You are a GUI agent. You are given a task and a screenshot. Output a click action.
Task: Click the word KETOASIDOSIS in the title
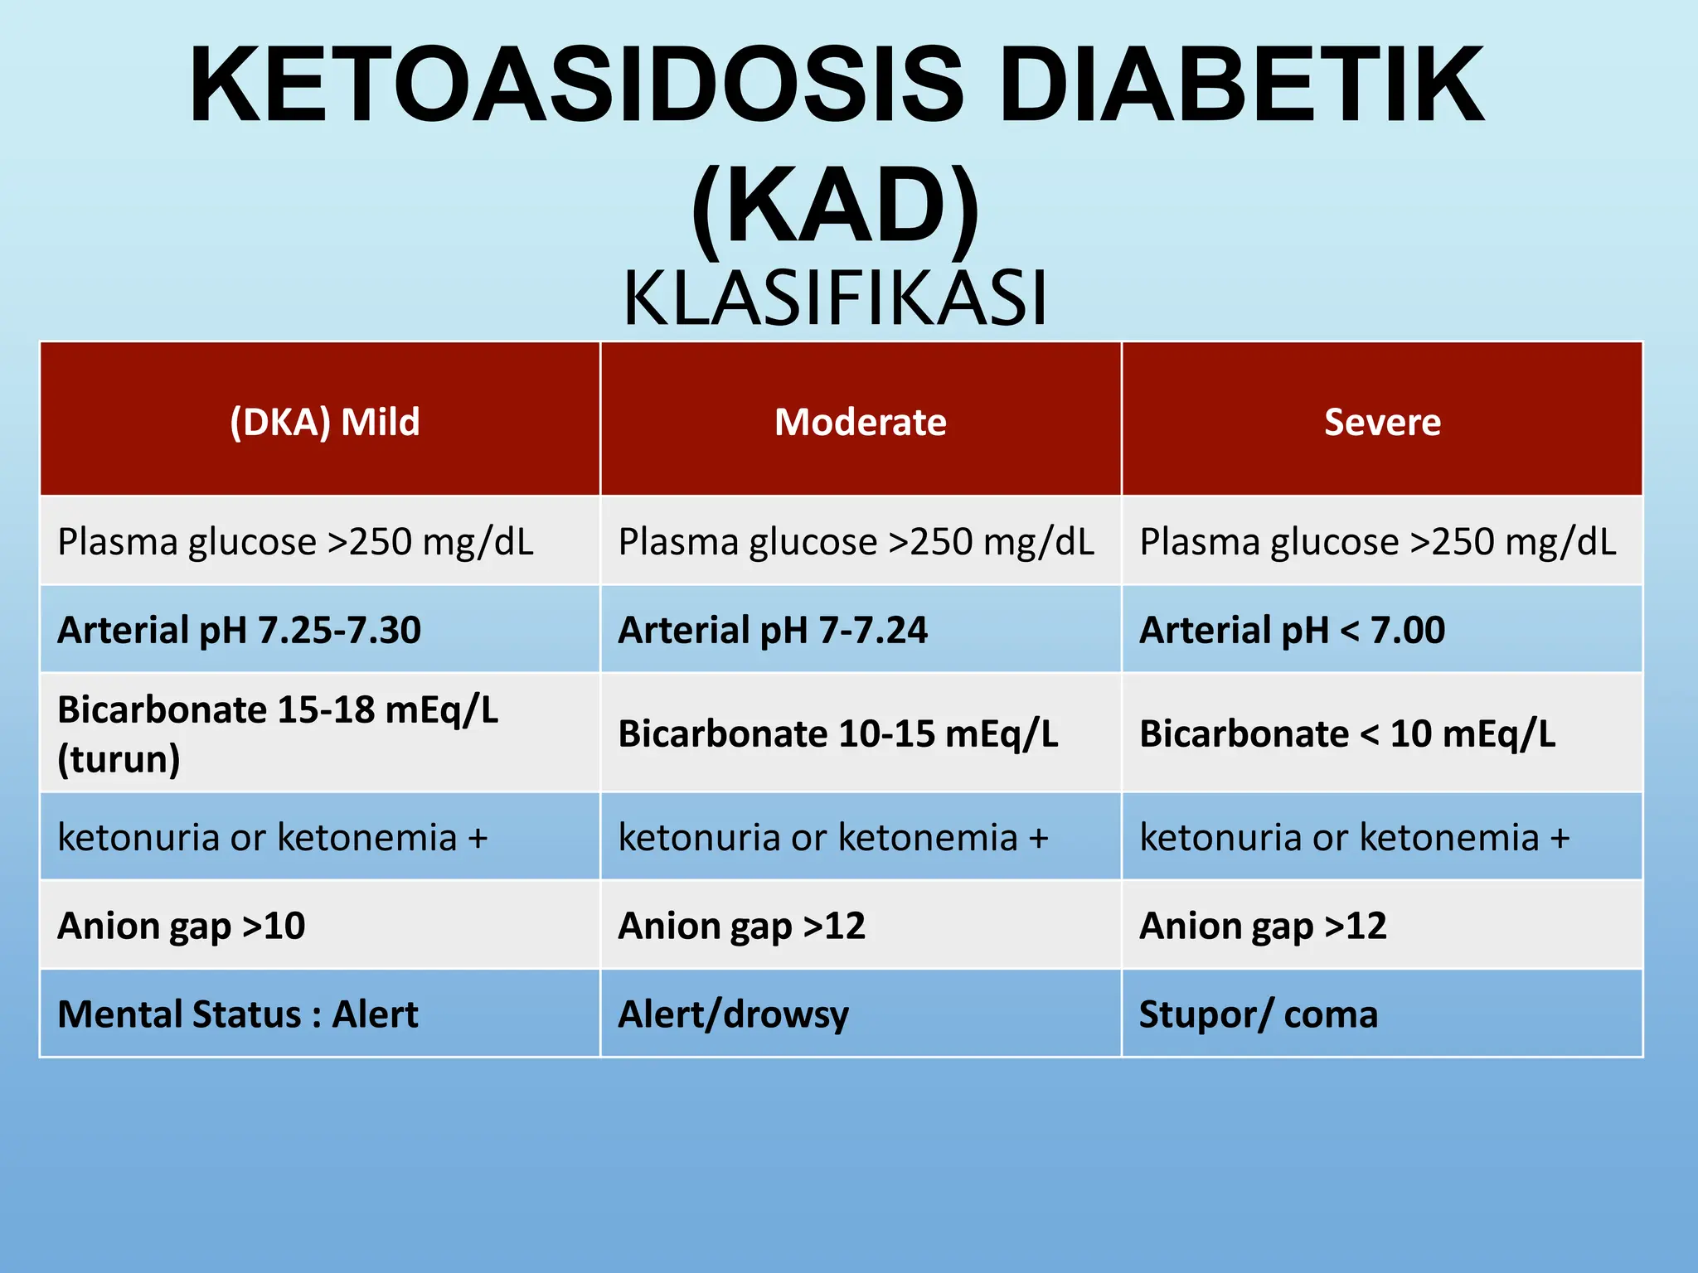pyautogui.click(x=576, y=85)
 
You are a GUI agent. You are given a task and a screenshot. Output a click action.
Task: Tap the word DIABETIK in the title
pyautogui.click(x=1241, y=85)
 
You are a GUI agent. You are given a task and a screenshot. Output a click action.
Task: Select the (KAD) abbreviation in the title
pyautogui.click(x=836, y=206)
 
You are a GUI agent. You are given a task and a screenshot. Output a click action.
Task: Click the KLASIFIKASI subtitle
pyautogui.click(x=836, y=298)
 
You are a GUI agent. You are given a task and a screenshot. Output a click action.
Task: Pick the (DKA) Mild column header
pyautogui.click(x=324, y=422)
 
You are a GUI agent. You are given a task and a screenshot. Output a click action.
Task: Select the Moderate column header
pyautogui.click(x=860, y=422)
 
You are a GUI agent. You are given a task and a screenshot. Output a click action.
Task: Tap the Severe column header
pyautogui.click(x=1382, y=422)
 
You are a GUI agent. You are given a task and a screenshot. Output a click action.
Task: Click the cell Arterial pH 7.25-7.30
pyautogui.click(x=239, y=630)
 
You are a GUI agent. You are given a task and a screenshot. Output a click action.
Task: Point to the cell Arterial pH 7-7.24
pyautogui.click(x=773, y=630)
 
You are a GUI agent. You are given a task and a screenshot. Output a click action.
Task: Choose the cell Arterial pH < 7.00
pyautogui.click(x=1292, y=630)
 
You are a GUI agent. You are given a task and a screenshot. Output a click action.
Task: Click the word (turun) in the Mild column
pyautogui.click(x=119, y=759)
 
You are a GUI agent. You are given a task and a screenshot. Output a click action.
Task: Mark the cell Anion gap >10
pyautogui.click(x=181, y=926)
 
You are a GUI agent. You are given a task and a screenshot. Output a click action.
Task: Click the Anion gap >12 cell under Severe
pyautogui.click(x=1263, y=926)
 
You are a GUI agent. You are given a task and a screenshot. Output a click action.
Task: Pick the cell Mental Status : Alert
pyautogui.click(x=238, y=1014)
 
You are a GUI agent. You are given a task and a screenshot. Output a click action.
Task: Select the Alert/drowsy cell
pyautogui.click(x=734, y=1014)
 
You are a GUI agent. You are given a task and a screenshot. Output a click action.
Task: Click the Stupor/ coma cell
pyautogui.click(x=1258, y=1014)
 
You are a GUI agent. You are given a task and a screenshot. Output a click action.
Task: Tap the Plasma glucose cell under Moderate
pyautogui.click(x=856, y=542)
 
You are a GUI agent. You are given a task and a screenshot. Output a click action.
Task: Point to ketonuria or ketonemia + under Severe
pyautogui.click(x=1354, y=837)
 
